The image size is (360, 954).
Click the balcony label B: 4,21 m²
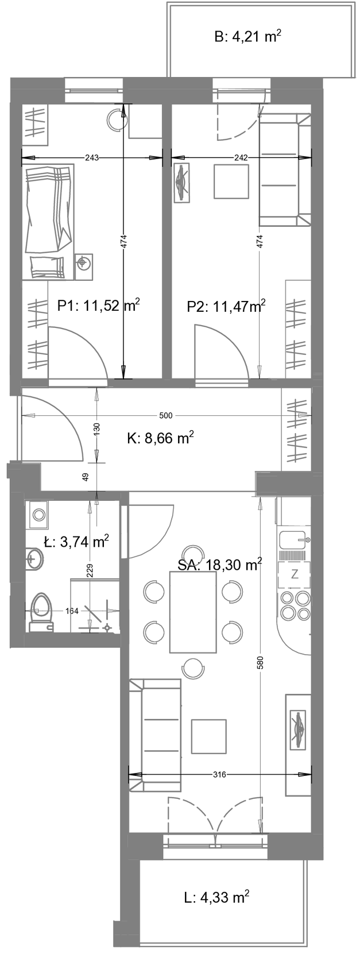247,37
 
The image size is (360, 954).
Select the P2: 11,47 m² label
226,306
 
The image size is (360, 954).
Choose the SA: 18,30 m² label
219,565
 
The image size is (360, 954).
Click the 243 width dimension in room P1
91,157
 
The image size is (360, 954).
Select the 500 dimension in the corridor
165,415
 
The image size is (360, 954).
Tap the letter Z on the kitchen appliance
295,574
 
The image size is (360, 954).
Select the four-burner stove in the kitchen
295,605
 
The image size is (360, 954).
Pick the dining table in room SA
193,612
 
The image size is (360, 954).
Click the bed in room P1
48,222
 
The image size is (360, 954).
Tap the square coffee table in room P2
231,182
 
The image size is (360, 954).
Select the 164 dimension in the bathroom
72,611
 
